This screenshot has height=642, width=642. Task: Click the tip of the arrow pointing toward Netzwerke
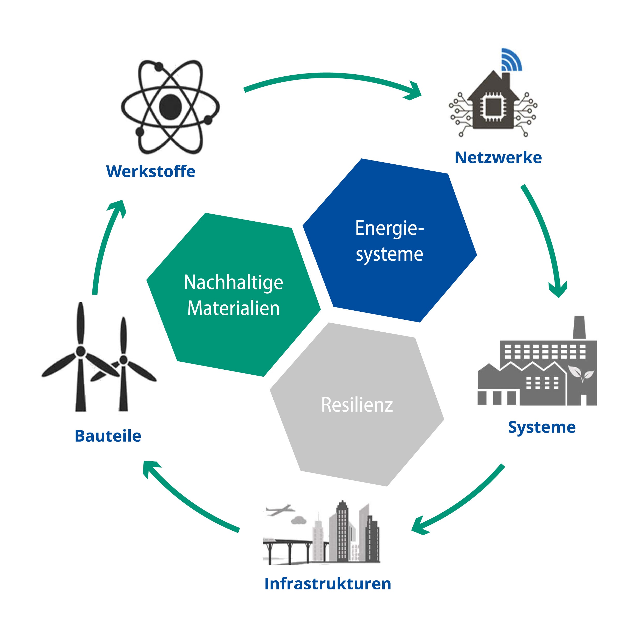pyautogui.click(x=421, y=94)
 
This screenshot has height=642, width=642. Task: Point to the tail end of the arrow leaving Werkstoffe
pyautogui.click(x=245, y=90)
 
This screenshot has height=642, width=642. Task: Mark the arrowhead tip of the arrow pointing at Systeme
pyautogui.click(x=559, y=297)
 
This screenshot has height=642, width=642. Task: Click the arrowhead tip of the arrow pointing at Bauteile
pyautogui.click(x=144, y=462)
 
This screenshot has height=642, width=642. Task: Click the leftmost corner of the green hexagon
pyautogui.click(x=147, y=280)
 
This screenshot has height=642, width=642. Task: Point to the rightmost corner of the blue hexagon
pyautogui.click(x=477, y=255)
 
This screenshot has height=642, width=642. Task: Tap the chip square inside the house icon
pyautogui.click(x=493, y=107)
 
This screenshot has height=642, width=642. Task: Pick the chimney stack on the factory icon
pyautogui.click(x=579, y=327)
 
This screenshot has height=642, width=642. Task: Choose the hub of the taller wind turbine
pyautogui.click(x=81, y=351)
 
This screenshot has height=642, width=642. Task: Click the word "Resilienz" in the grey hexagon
pyautogui.click(x=357, y=405)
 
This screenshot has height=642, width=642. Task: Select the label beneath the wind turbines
pyautogui.click(x=108, y=436)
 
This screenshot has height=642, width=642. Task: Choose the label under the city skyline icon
pyautogui.click(x=328, y=584)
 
